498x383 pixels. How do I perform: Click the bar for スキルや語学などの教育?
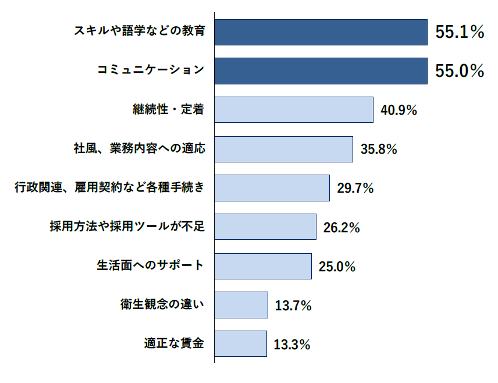pos(321,32)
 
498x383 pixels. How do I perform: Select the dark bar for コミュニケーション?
pos(321,71)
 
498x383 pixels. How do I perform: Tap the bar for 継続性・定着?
pos(293,109)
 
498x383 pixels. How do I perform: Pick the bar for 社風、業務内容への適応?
pos(283,149)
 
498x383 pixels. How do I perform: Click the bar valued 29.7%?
pos(272,188)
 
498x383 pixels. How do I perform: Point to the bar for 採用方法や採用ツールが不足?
pos(265,227)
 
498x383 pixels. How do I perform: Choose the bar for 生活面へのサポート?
pos(262,266)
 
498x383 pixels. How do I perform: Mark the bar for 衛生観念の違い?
pos(241,305)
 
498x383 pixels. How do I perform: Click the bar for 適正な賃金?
pos(240,344)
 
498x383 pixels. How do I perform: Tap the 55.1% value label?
pos(460,33)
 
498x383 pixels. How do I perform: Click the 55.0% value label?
pos(460,71)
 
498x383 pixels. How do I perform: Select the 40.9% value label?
pos(399,110)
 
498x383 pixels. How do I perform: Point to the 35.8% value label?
pos(379,149)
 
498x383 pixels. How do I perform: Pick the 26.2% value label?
pos(342,228)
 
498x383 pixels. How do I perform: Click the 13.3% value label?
pos(291,345)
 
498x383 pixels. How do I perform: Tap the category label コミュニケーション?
pos(151,70)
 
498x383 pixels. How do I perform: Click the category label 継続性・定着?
pos(169,109)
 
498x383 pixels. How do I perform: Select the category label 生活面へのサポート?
pos(150,265)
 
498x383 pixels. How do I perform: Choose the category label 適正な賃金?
pos(174,343)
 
